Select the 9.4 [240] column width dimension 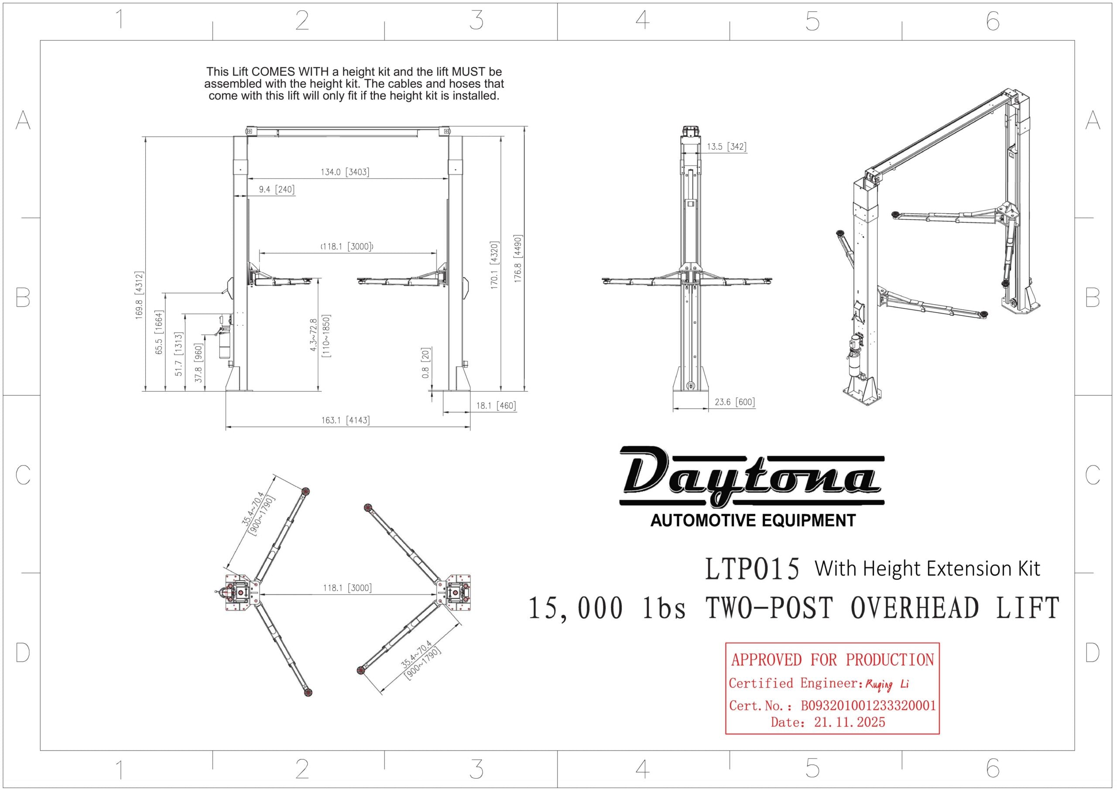coord(276,189)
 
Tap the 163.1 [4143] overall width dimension coord(345,420)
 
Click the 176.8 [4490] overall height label coord(517,259)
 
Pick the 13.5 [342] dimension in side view coord(726,147)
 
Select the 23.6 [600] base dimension coord(734,402)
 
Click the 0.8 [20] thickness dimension coord(426,363)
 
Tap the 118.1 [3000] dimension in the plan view coord(347,588)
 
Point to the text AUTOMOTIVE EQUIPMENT coord(753,521)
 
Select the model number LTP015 coord(752,569)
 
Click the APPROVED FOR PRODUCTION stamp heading coord(832,660)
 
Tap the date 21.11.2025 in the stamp coord(849,722)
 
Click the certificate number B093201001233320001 coord(868,705)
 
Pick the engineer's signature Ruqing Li coord(886,684)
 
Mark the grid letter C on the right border coord(1092,475)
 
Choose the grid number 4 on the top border coord(642,21)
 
